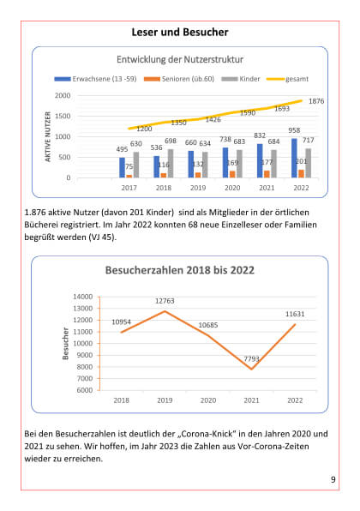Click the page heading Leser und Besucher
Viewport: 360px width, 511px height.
[x=180, y=32]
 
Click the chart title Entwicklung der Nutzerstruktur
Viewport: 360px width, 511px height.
[x=180, y=59]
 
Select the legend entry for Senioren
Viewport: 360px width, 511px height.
[x=179, y=79]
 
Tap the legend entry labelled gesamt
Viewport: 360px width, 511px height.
[x=287, y=79]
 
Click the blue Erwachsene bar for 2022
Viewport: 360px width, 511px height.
[x=294, y=158]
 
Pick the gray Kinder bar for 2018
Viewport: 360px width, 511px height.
[x=171, y=163]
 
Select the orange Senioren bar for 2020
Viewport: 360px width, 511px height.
[x=232, y=174]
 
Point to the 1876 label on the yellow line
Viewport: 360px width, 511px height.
[x=316, y=101]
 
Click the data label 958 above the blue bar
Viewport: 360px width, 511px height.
[x=294, y=130]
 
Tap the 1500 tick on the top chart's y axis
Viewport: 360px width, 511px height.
[x=63, y=116]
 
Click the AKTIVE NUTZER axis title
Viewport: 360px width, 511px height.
[x=48, y=136]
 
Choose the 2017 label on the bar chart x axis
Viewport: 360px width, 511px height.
[x=129, y=188]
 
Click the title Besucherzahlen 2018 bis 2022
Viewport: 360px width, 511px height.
[x=180, y=270]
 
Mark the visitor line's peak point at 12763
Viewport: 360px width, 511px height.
[x=165, y=311]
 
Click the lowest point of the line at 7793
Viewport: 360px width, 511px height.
[x=251, y=369]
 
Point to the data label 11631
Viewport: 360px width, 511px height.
[x=295, y=314]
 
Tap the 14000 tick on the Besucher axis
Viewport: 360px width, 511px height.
[x=83, y=297]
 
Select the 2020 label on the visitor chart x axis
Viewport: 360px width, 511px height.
[x=208, y=400]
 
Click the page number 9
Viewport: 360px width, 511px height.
[x=333, y=479]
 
